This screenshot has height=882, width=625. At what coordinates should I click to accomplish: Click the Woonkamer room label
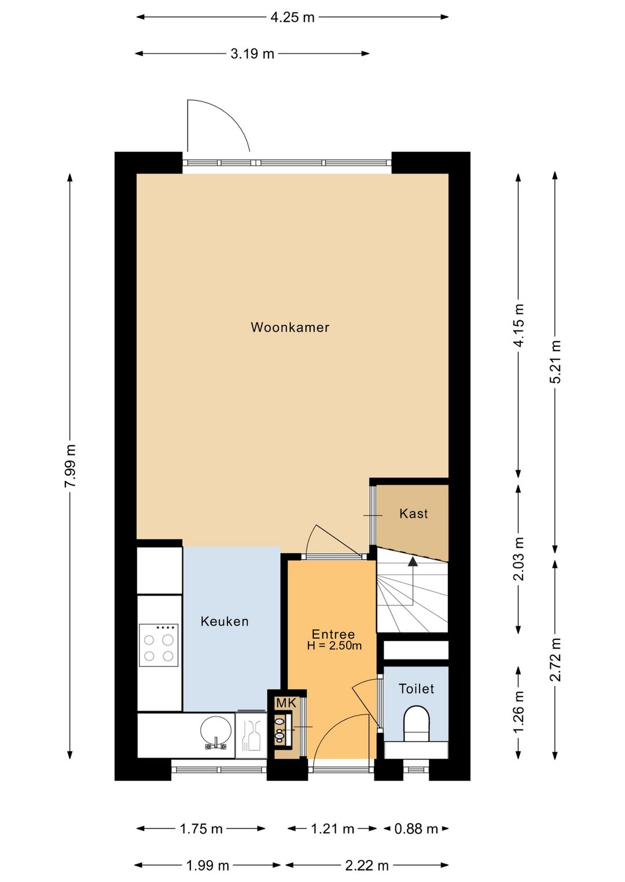point(290,327)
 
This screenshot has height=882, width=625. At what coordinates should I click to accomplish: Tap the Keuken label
point(225,621)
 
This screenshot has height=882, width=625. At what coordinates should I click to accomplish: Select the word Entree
point(333,634)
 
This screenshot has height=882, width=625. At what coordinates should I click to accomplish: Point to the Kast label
point(413,513)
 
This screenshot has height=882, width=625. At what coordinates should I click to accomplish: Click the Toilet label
point(416,689)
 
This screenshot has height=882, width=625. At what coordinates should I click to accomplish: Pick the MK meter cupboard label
point(286,703)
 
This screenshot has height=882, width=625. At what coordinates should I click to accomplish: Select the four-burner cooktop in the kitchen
point(159,645)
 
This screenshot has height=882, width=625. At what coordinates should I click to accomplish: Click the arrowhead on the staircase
point(413,561)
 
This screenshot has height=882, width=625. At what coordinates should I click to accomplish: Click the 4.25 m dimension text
point(292,17)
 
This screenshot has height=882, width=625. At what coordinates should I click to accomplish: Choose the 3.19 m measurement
point(252,54)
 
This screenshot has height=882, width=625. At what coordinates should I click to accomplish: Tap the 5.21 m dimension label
point(555,361)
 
